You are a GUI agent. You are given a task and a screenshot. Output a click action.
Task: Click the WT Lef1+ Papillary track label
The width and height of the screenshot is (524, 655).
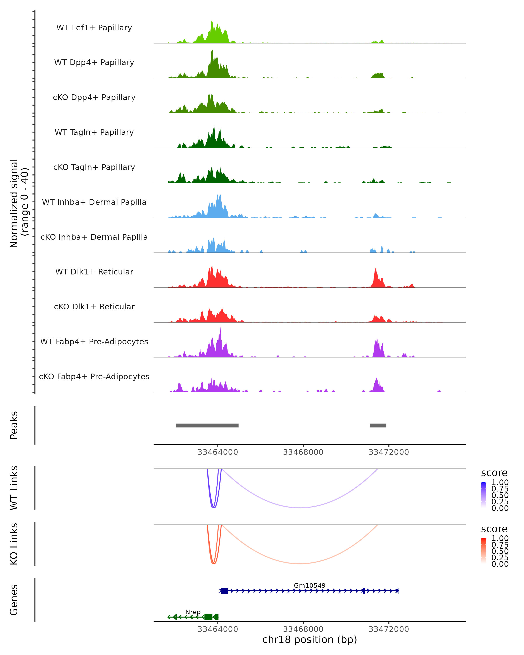(94, 28)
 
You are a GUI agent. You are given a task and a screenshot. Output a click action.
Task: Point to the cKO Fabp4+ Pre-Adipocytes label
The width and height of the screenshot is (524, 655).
(94, 376)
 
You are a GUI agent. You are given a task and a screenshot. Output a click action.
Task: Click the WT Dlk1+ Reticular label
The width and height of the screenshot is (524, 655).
(94, 272)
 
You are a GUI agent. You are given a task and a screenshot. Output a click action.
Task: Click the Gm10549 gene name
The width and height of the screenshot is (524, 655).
(310, 585)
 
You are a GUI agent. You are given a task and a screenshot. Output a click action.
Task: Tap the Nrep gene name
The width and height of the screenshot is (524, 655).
(193, 612)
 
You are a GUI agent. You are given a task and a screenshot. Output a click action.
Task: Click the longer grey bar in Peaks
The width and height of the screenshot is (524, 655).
(207, 425)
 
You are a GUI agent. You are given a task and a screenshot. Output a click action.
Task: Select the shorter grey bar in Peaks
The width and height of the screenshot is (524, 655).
(378, 425)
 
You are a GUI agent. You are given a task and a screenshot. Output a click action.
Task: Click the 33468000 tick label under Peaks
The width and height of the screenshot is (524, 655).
(303, 452)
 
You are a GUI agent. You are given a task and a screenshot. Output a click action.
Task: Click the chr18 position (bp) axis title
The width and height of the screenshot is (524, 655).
(310, 640)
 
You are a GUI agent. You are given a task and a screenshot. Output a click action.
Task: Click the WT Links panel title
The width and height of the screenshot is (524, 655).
(14, 488)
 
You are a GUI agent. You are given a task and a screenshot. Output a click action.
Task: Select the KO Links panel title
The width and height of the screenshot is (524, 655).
(14, 544)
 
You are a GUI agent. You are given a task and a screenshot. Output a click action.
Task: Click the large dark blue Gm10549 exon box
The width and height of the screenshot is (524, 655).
(224, 591)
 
